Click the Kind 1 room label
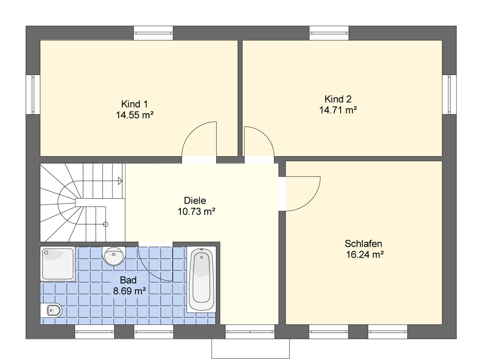point(134,104)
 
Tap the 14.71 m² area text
point(338,110)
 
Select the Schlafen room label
point(363,244)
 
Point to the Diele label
point(195,200)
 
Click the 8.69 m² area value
point(130,291)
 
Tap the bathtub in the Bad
point(201,280)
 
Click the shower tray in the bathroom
point(58,264)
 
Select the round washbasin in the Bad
point(114,255)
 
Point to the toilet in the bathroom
point(51,310)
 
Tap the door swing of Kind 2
point(266,135)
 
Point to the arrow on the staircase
point(120,181)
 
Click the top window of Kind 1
point(154,33)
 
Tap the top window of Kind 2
point(329,33)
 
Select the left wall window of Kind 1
point(33,94)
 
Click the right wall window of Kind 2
point(450,94)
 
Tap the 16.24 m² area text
point(365,254)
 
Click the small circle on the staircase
point(106,224)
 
